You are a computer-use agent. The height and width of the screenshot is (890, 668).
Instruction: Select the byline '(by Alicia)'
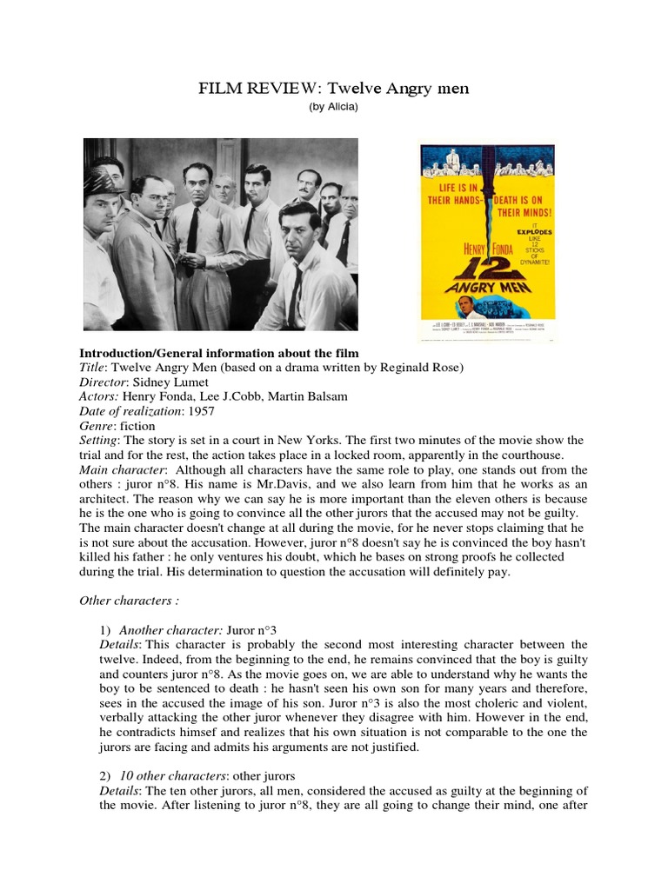pyautogui.click(x=333, y=107)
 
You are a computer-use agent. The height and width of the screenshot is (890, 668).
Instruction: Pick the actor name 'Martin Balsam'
pyautogui.click(x=310, y=397)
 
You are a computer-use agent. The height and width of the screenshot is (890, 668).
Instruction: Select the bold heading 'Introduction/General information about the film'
pyautogui.click(x=219, y=353)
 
